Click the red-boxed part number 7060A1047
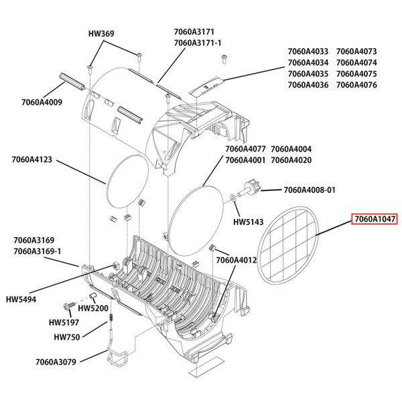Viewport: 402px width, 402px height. pyautogui.click(x=375, y=219)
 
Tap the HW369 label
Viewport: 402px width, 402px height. pyautogui.click(x=101, y=33)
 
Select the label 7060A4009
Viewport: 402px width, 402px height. pyautogui.click(x=42, y=102)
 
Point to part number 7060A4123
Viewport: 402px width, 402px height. pyautogui.click(x=31, y=159)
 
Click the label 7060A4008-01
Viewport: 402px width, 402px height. pyautogui.click(x=310, y=190)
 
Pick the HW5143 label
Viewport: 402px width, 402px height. pyautogui.click(x=248, y=222)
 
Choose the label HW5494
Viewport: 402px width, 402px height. pyautogui.click(x=21, y=299)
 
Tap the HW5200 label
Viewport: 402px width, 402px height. pyautogui.click(x=93, y=308)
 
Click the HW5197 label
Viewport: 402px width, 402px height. pyautogui.click(x=64, y=322)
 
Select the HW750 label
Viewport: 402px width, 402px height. pyautogui.click(x=67, y=337)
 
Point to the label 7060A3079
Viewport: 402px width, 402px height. pyautogui.click(x=56, y=362)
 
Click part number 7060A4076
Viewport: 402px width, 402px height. pyautogui.click(x=356, y=85)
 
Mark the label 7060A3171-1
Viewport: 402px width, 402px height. pyautogui.click(x=198, y=43)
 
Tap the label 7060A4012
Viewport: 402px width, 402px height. pyautogui.click(x=236, y=260)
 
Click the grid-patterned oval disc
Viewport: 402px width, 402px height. pyautogui.click(x=287, y=245)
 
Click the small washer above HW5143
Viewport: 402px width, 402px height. pyautogui.click(x=233, y=198)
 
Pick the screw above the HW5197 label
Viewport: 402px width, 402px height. pyautogui.click(x=69, y=306)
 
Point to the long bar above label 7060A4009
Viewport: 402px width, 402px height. pyautogui.click(x=72, y=81)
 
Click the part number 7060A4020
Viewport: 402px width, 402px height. pyautogui.click(x=291, y=160)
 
